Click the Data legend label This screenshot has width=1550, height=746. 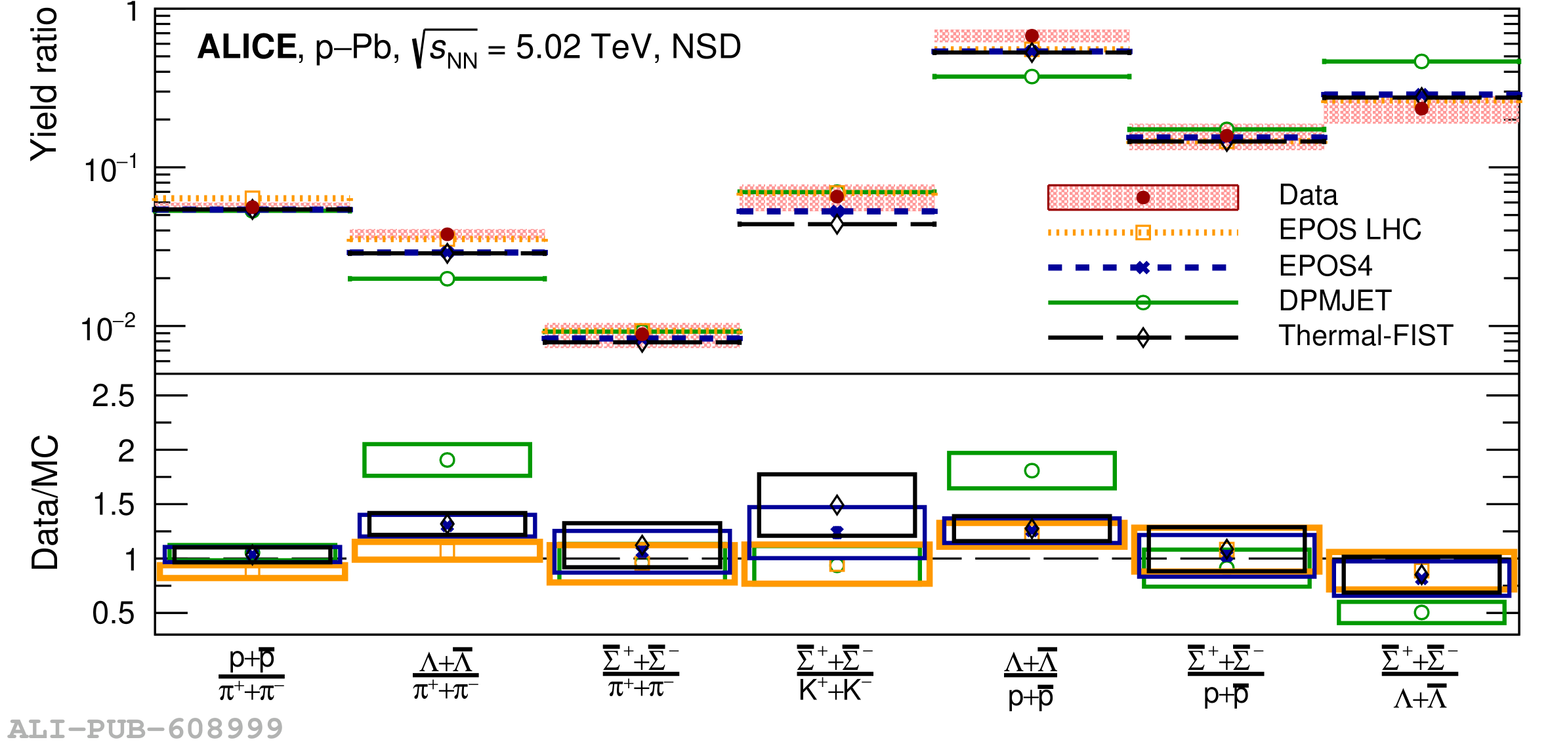click(x=1308, y=196)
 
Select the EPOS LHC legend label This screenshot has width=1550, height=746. click(x=1350, y=230)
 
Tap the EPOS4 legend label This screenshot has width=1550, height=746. click(x=1325, y=266)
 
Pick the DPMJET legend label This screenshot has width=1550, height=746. click(x=1335, y=300)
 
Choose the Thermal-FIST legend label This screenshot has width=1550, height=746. click(x=1366, y=335)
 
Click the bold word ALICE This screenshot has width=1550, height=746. click(x=247, y=47)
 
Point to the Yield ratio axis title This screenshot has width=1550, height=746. click(x=44, y=84)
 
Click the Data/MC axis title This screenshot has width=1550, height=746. click(x=45, y=503)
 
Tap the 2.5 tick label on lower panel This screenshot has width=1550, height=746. click(x=113, y=396)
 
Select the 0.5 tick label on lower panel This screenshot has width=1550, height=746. click(x=113, y=613)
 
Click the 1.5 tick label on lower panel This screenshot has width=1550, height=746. click(x=113, y=505)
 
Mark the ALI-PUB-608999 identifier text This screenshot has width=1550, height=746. click(x=146, y=729)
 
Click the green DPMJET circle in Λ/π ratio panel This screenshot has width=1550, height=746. click(x=447, y=460)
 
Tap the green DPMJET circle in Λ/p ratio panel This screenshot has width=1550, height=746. click(x=1032, y=470)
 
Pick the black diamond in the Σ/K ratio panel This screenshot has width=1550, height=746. click(x=837, y=505)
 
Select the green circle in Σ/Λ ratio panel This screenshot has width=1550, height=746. click(x=1421, y=612)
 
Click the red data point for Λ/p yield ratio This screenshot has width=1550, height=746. click(x=1032, y=35)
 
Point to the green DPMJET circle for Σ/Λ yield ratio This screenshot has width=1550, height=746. click(x=1421, y=61)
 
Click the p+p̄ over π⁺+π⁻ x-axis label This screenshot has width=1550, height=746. click(x=251, y=675)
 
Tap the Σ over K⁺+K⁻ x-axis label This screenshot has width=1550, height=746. click(x=835, y=675)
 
